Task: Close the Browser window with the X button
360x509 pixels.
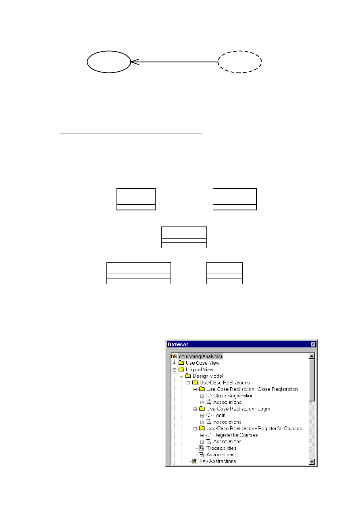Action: (313, 344)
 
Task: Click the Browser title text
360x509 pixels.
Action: (178, 344)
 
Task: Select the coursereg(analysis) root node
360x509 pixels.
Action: (200, 356)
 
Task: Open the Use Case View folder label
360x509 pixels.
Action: (202, 363)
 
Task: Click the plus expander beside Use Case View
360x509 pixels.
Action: (174, 363)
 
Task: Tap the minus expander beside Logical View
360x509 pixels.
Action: (174, 370)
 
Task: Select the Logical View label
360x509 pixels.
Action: (200, 370)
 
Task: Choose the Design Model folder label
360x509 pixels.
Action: (208, 376)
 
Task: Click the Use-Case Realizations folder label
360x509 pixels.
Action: (225, 382)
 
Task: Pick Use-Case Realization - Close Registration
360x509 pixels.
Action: (252, 389)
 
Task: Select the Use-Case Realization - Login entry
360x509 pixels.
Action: (238, 409)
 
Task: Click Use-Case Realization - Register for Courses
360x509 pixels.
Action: (254, 428)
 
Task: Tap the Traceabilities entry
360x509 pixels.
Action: (221, 448)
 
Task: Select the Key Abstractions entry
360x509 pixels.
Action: (218, 461)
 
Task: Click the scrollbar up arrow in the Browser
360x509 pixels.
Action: (312, 356)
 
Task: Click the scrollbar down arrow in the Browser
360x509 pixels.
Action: (312, 461)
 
